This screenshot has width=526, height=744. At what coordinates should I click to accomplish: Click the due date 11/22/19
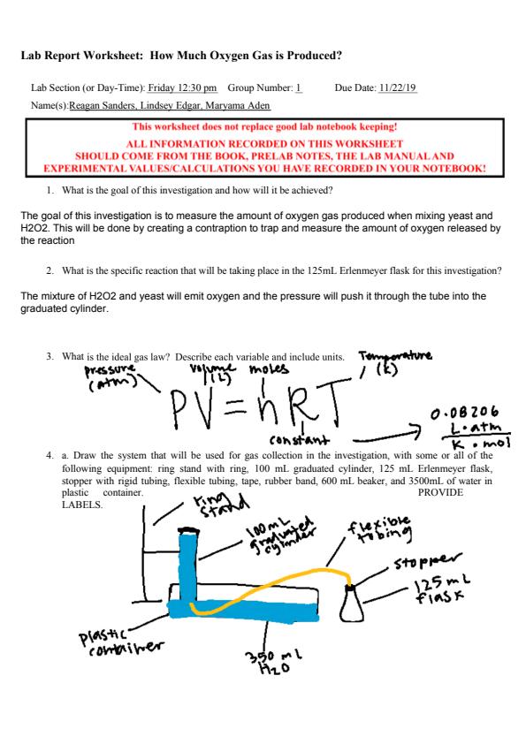[x=397, y=87]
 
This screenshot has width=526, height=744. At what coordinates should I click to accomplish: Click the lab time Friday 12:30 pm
[x=182, y=88]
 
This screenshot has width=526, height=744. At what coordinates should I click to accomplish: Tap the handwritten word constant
[x=299, y=440]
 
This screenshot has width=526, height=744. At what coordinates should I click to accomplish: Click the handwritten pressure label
[x=111, y=377]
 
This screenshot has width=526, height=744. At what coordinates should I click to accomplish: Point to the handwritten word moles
[x=269, y=368]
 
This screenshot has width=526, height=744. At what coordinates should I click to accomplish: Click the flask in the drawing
[x=351, y=604]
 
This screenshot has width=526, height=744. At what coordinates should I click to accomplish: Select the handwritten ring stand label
[x=220, y=505]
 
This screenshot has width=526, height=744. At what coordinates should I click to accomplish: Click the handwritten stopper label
[x=427, y=561]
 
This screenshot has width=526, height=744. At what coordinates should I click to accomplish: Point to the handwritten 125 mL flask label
[x=442, y=588]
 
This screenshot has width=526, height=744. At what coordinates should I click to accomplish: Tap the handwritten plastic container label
[x=121, y=642]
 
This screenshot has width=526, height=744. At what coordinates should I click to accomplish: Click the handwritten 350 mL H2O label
[x=274, y=662]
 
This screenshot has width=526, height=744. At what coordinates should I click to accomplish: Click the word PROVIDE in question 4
[x=440, y=492]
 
